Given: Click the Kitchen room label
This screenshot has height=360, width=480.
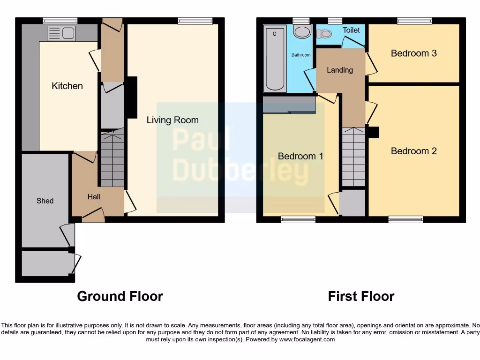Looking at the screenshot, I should [x=67, y=86].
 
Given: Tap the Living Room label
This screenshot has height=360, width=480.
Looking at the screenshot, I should [x=172, y=120].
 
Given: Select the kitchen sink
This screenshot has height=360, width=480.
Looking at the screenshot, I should [x=61, y=33].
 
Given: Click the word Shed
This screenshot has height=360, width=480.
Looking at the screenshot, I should [x=45, y=201].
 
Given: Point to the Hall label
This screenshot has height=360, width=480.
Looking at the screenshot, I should [x=94, y=197].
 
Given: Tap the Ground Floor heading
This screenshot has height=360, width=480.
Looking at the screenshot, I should [x=120, y=296].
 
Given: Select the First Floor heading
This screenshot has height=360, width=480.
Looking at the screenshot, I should [x=361, y=296].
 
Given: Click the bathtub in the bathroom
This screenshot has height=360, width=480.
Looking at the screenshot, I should [x=275, y=59].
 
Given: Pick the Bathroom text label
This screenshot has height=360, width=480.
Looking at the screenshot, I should [x=301, y=55].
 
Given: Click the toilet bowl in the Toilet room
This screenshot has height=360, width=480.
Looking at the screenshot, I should [x=324, y=34].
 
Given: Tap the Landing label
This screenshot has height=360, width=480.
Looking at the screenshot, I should [x=340, y=70].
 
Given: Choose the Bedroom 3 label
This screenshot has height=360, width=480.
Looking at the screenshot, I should [x=414, y=53].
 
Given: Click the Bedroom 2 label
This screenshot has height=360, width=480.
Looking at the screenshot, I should [x=414, y=151].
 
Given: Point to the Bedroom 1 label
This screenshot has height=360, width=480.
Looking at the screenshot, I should [x=300, y=156].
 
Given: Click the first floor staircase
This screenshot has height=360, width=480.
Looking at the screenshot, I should [x=353, y=157].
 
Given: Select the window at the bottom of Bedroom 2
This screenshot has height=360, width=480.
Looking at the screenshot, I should [x=405, y=219].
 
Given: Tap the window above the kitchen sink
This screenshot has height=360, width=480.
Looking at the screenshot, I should [x=60, y=21].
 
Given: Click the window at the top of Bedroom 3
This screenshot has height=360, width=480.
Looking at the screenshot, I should [x=414, y=21].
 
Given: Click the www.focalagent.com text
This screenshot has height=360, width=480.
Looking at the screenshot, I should [x=307, y=339].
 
